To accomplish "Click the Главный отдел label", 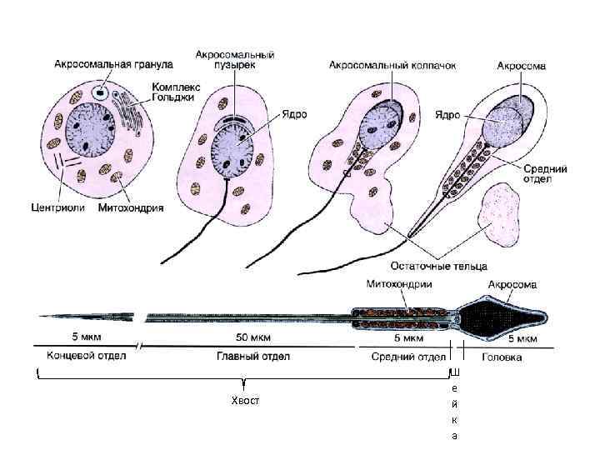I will point(247,357).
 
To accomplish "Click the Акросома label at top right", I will point(522,64).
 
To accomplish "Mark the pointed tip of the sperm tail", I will point(35,317).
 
